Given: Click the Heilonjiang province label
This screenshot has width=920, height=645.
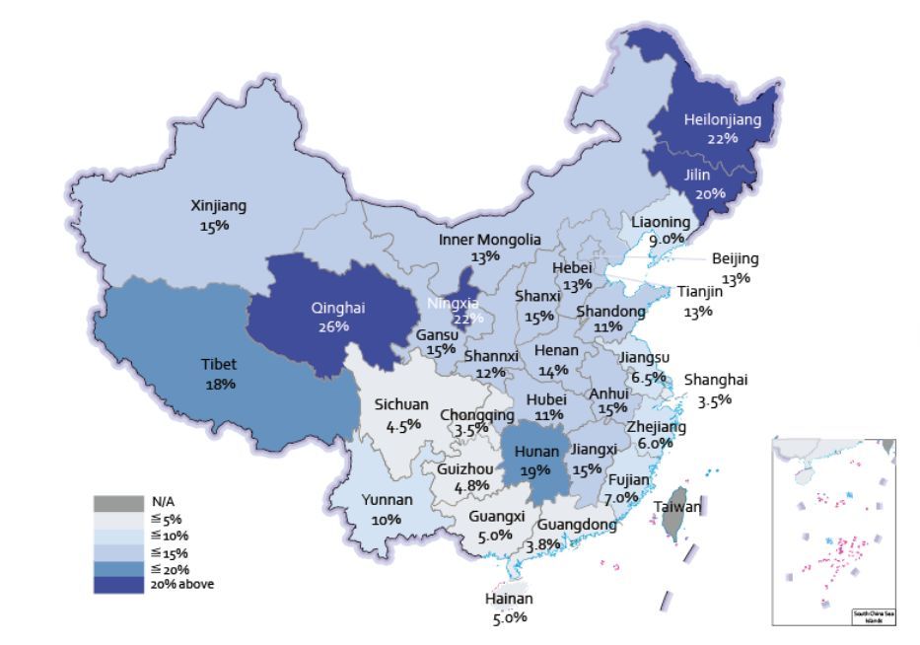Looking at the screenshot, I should (723, 119).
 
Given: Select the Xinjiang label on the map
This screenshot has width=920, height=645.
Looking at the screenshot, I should (218, 206).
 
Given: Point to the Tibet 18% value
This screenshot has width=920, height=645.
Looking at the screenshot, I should (220, 383).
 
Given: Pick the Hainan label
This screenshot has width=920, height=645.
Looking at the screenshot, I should (509, 599).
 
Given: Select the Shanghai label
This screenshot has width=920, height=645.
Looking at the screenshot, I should (716, 380).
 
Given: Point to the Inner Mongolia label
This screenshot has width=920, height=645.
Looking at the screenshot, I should (490, 240).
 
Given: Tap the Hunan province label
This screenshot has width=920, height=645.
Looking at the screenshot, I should (533, 453).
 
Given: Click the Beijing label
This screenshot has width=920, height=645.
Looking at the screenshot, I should (736, 258).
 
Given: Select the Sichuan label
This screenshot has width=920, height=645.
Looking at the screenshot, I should (401, 404).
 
